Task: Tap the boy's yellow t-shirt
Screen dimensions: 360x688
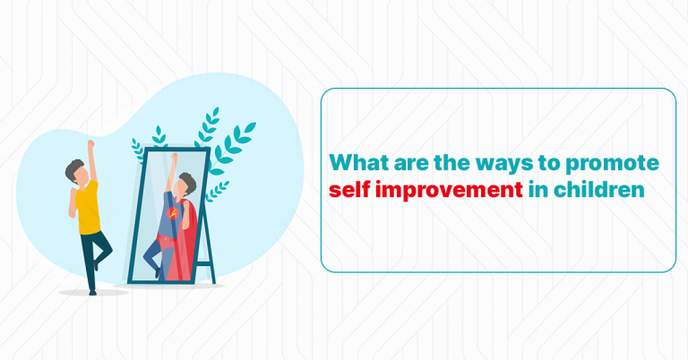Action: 87,209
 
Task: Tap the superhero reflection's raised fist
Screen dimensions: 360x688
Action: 174,159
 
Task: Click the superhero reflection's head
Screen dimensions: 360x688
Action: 185,184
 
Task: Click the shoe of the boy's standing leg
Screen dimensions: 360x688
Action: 92,288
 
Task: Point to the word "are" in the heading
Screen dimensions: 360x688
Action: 400,164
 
